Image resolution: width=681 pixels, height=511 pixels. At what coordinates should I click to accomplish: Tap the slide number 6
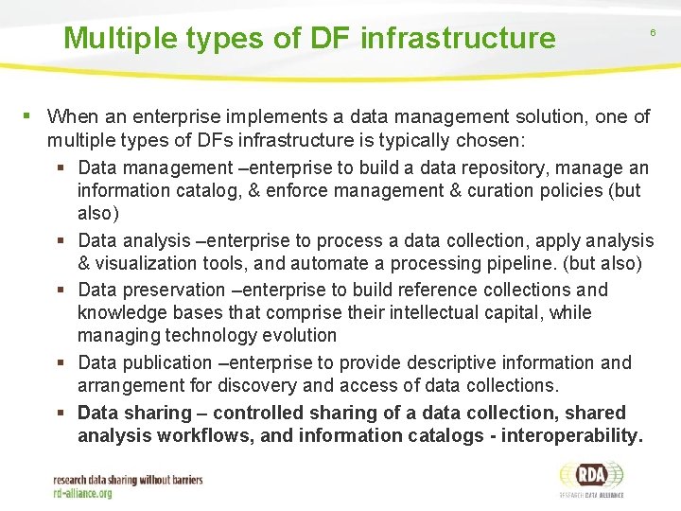pyautogui.click(x=652, y=33)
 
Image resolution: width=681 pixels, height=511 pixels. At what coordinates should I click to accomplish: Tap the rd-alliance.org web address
pyautogui.click(x=83, y=493)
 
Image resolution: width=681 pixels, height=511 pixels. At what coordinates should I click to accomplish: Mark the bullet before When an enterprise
pyautogui.click(x=28, y=116)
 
